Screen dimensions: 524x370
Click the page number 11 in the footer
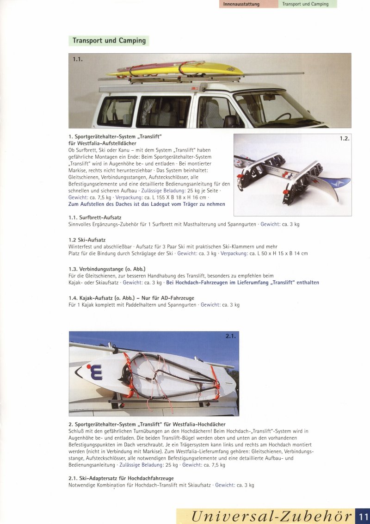(363, 516)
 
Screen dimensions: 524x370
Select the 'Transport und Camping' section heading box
(109, 41)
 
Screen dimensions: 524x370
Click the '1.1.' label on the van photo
(78, 59)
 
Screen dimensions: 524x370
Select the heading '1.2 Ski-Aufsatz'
(87, 240)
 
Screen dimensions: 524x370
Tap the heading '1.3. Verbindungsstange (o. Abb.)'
(107, 269)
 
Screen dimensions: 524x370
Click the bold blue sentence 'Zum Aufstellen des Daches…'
(147, 204)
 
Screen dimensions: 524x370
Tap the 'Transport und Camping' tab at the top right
(306, 4)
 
